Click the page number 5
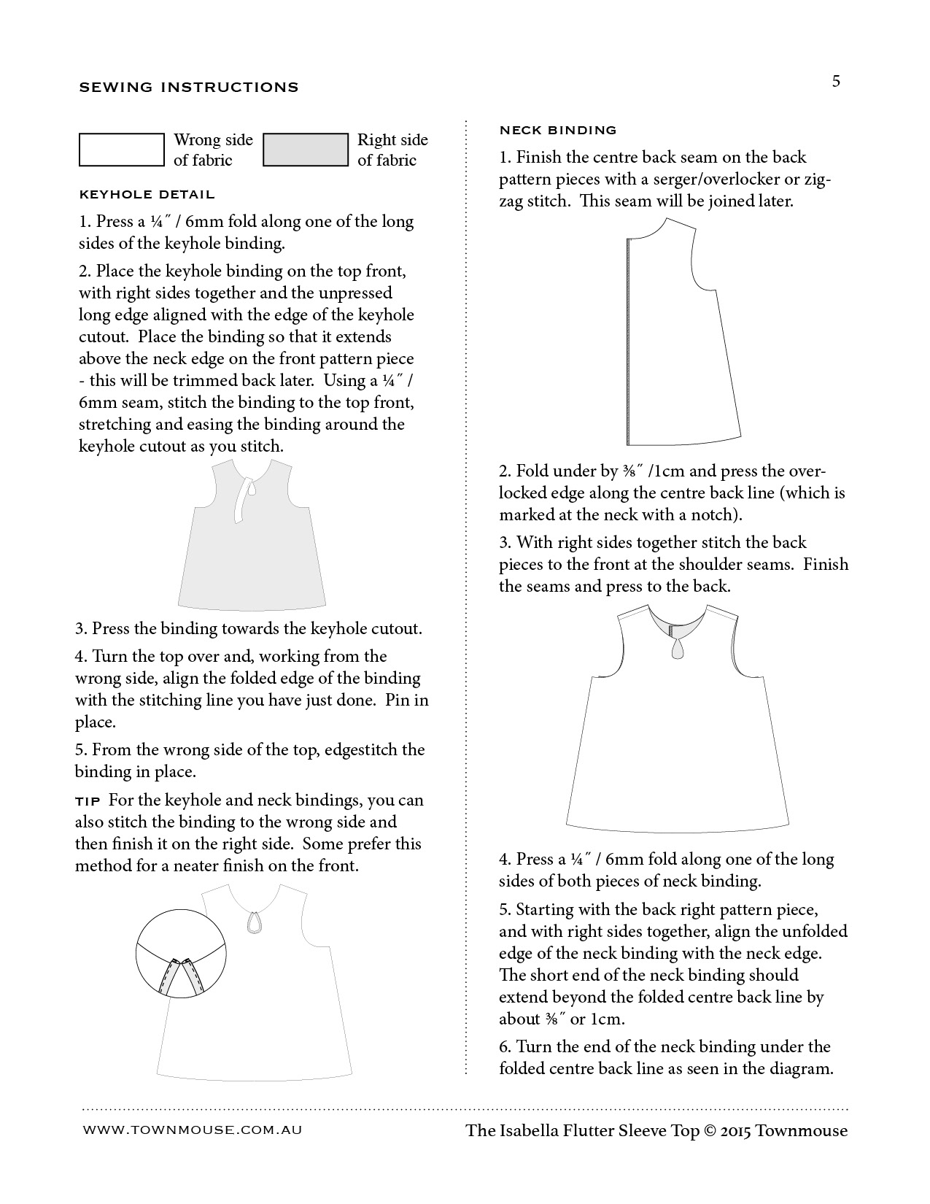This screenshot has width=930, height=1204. click(836, 81)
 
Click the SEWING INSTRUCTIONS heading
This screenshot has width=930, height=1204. click(189, 88)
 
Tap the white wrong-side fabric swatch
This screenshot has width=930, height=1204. click(122, 150)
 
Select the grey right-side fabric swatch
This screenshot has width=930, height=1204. click(306, 150)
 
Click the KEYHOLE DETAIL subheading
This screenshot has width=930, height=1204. click(147, 195)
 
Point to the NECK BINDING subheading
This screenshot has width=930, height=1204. click(558, 131)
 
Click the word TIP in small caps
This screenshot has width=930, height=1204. click(90, 801)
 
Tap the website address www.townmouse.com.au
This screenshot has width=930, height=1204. click(193, 1130)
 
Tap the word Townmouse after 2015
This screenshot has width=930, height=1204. click(802, 1131)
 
